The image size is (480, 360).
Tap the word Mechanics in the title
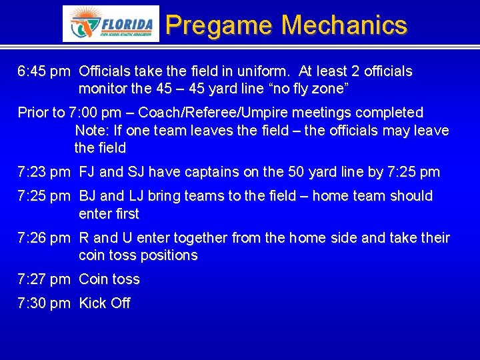click(x=344, y=25)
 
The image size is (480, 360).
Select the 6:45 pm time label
click(x=43, y=71)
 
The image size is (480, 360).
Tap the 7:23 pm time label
click(x=43, y=172)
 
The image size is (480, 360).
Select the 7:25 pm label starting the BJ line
click(x=43, y=196)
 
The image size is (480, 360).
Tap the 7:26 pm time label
click(x=43, y=238)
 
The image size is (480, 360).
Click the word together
click(x=197, y=238)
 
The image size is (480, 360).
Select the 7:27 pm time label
click(x=43, y=279)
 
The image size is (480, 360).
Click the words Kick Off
click(x=105, y=303)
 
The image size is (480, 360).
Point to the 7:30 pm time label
click(x=43, y=303)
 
